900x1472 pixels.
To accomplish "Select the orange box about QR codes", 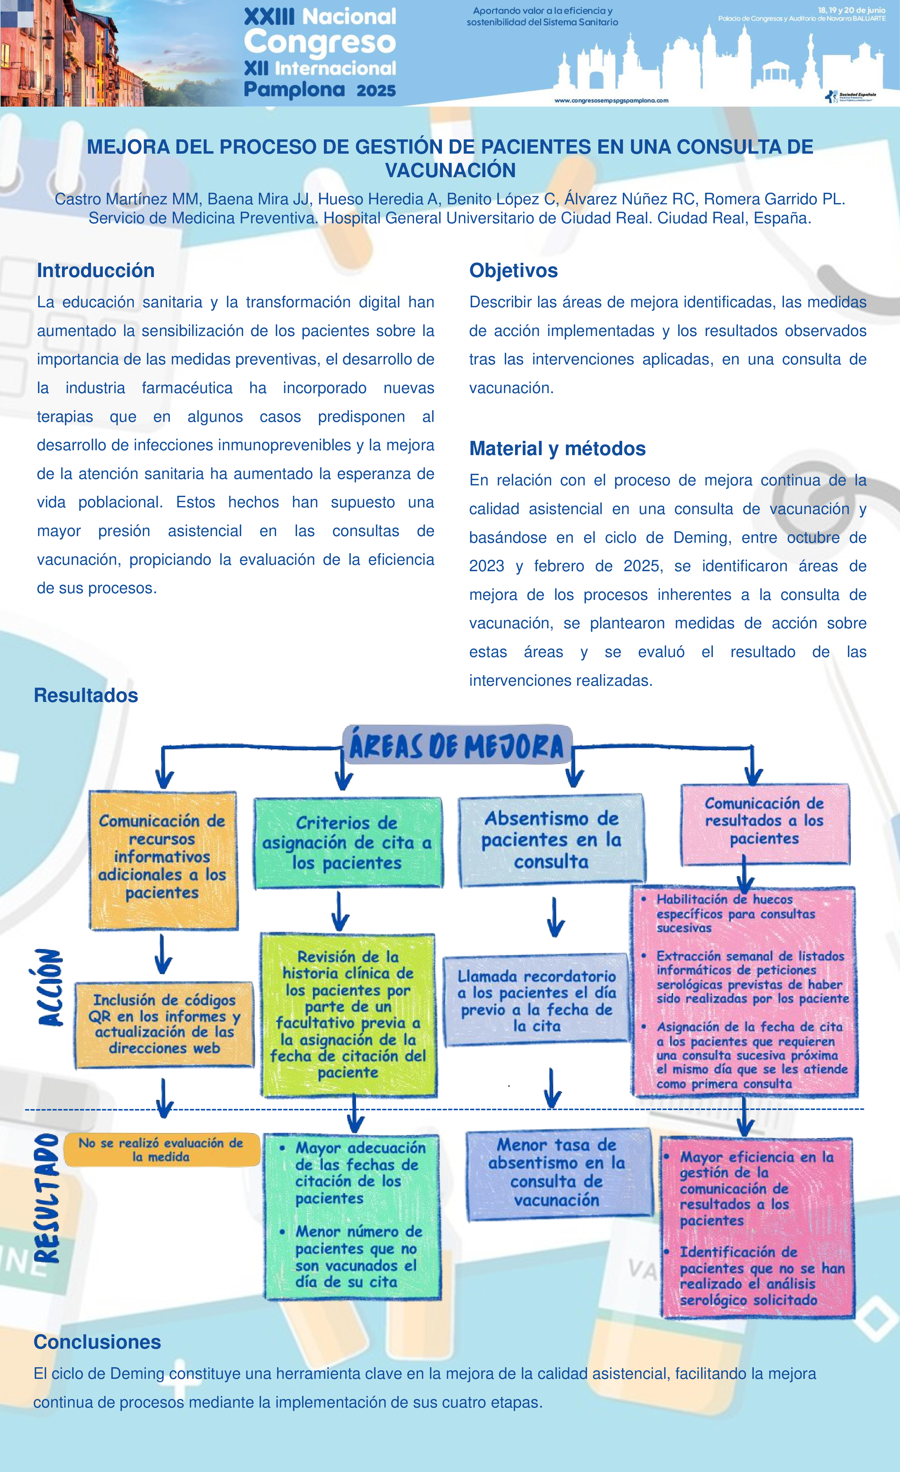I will (x=164, y=1024).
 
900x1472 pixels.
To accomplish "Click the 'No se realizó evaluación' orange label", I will (x=161, y=1149).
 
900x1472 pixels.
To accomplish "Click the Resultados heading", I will (x=86, y=696).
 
